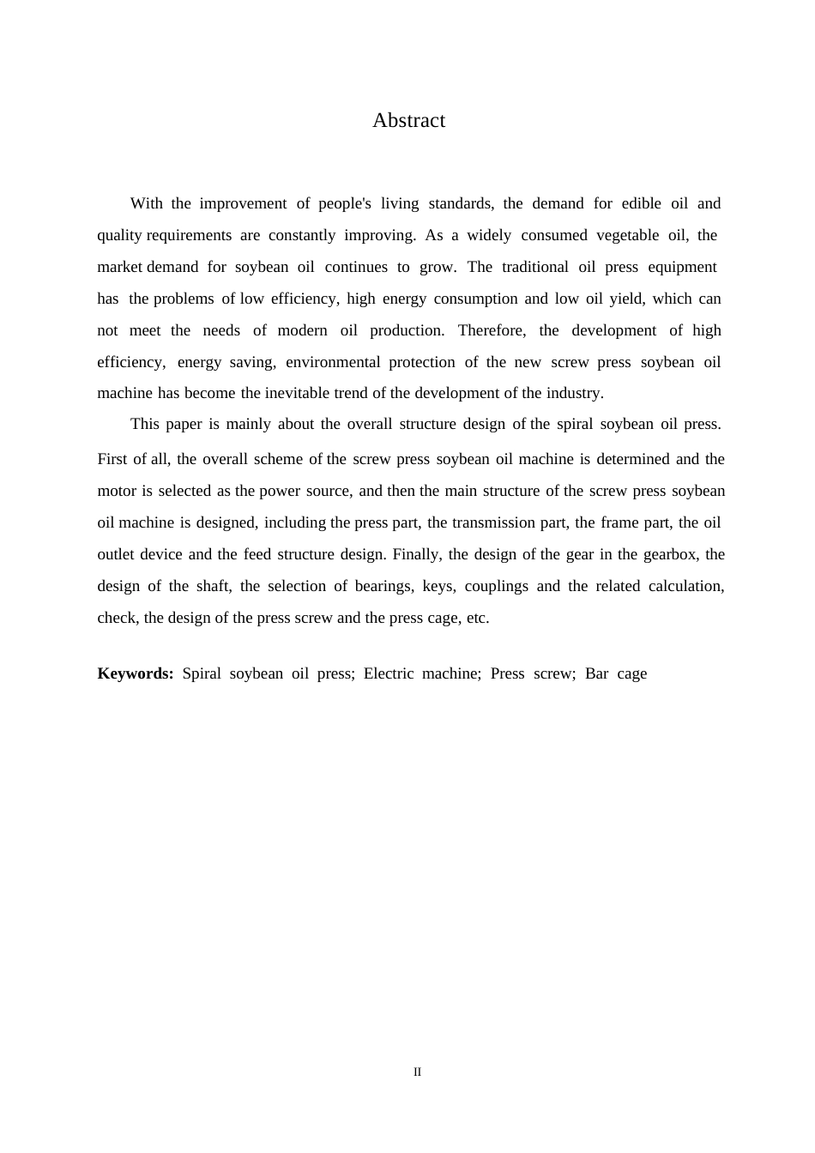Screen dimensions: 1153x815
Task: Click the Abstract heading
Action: pyautogui.click(x=408, y=121)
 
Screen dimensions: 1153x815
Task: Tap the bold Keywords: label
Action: pyautogui.click(x=136, y=673)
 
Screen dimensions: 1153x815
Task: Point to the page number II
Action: pyautogui.click(x=417, y=1072)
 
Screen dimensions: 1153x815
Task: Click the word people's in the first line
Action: pyautogui.click(x=345, y=204)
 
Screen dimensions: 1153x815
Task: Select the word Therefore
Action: pyautogui.click(x=493, y=331)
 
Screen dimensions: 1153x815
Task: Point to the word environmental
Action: pyautogui.click(x=333, y=362)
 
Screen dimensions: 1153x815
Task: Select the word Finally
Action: pyautogui.click(x=418, y=555)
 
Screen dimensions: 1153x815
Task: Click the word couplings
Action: pyautogui.click(x=496, y=587)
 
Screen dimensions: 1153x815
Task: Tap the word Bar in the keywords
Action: pyautogui.click(x=596, y=674)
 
